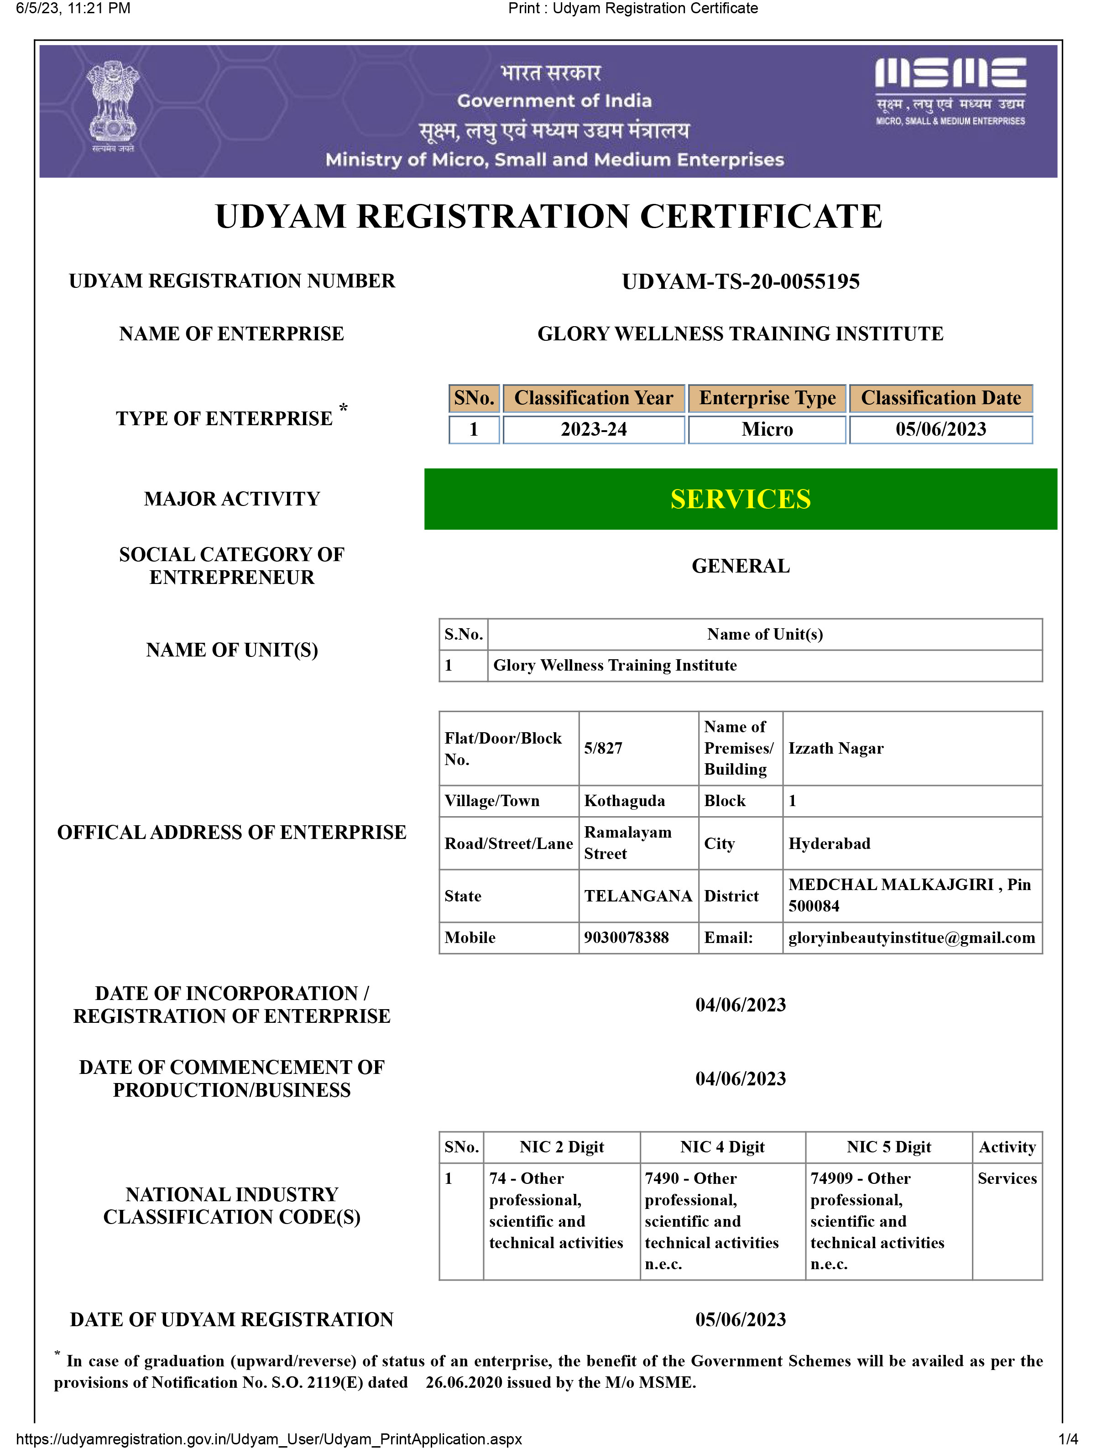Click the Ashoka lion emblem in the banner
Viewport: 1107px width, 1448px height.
pyautogui.click(x=113, y=105)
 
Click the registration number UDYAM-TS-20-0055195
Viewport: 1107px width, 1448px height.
pyautogui.click(x=741, y=282)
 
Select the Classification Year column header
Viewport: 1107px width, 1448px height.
pyautogui.click(x=594, y=398)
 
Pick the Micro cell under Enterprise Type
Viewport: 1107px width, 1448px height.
pyautogui.click(x=767, y=430)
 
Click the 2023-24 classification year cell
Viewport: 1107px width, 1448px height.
pyautogui.click(x=594, y=430)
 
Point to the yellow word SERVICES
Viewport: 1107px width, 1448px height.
pyautogui.click(x=741, y=500)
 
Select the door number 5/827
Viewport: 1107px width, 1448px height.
pyautogui.click(x=603, y=748)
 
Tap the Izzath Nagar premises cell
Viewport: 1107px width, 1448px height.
pyautogui.click(x=835, y=748)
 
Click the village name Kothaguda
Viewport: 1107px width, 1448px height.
pyautogui.click(x=624, y=801)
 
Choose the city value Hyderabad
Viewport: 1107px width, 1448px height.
pyautogui.click(x=829, y=844)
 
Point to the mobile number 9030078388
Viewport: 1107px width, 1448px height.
pyautogui.click(x=626, y=938)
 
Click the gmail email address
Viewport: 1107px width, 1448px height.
pyautogui.click(x=911, y=938)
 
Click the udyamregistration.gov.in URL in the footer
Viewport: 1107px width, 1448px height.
pyautogui.click(x=269, y=1439)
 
